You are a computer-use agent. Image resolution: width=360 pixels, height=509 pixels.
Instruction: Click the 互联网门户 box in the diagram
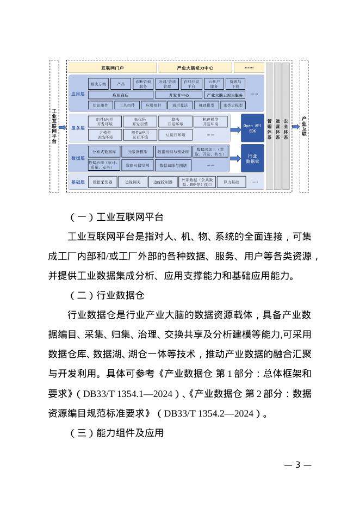(112, 68)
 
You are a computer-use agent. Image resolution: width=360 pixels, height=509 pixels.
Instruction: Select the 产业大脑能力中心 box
(195, 68)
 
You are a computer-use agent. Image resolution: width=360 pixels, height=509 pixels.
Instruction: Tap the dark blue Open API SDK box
(252, 128)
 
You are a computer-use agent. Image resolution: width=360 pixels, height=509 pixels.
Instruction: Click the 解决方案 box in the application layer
(99, 84)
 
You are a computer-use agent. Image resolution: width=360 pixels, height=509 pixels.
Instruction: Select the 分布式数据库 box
(103, 152)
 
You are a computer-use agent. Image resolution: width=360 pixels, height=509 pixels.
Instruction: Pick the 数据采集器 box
(102, 182)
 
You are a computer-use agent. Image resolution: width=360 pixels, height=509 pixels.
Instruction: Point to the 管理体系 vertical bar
(269, 127)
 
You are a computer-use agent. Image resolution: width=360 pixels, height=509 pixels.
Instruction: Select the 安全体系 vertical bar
(286, 127)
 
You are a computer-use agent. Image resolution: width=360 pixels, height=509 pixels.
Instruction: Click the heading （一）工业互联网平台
(116, 218)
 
